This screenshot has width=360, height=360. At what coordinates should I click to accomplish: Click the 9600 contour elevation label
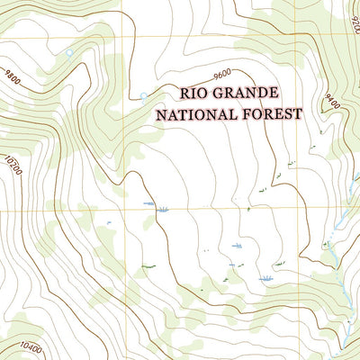(222, 72)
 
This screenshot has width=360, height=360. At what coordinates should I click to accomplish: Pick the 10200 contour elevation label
(13, 166)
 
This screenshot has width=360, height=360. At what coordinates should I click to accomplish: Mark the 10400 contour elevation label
(30, 346)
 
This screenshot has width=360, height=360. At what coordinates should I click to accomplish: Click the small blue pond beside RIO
(143, 95)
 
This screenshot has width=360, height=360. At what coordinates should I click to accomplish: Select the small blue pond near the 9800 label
(69, 53)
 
